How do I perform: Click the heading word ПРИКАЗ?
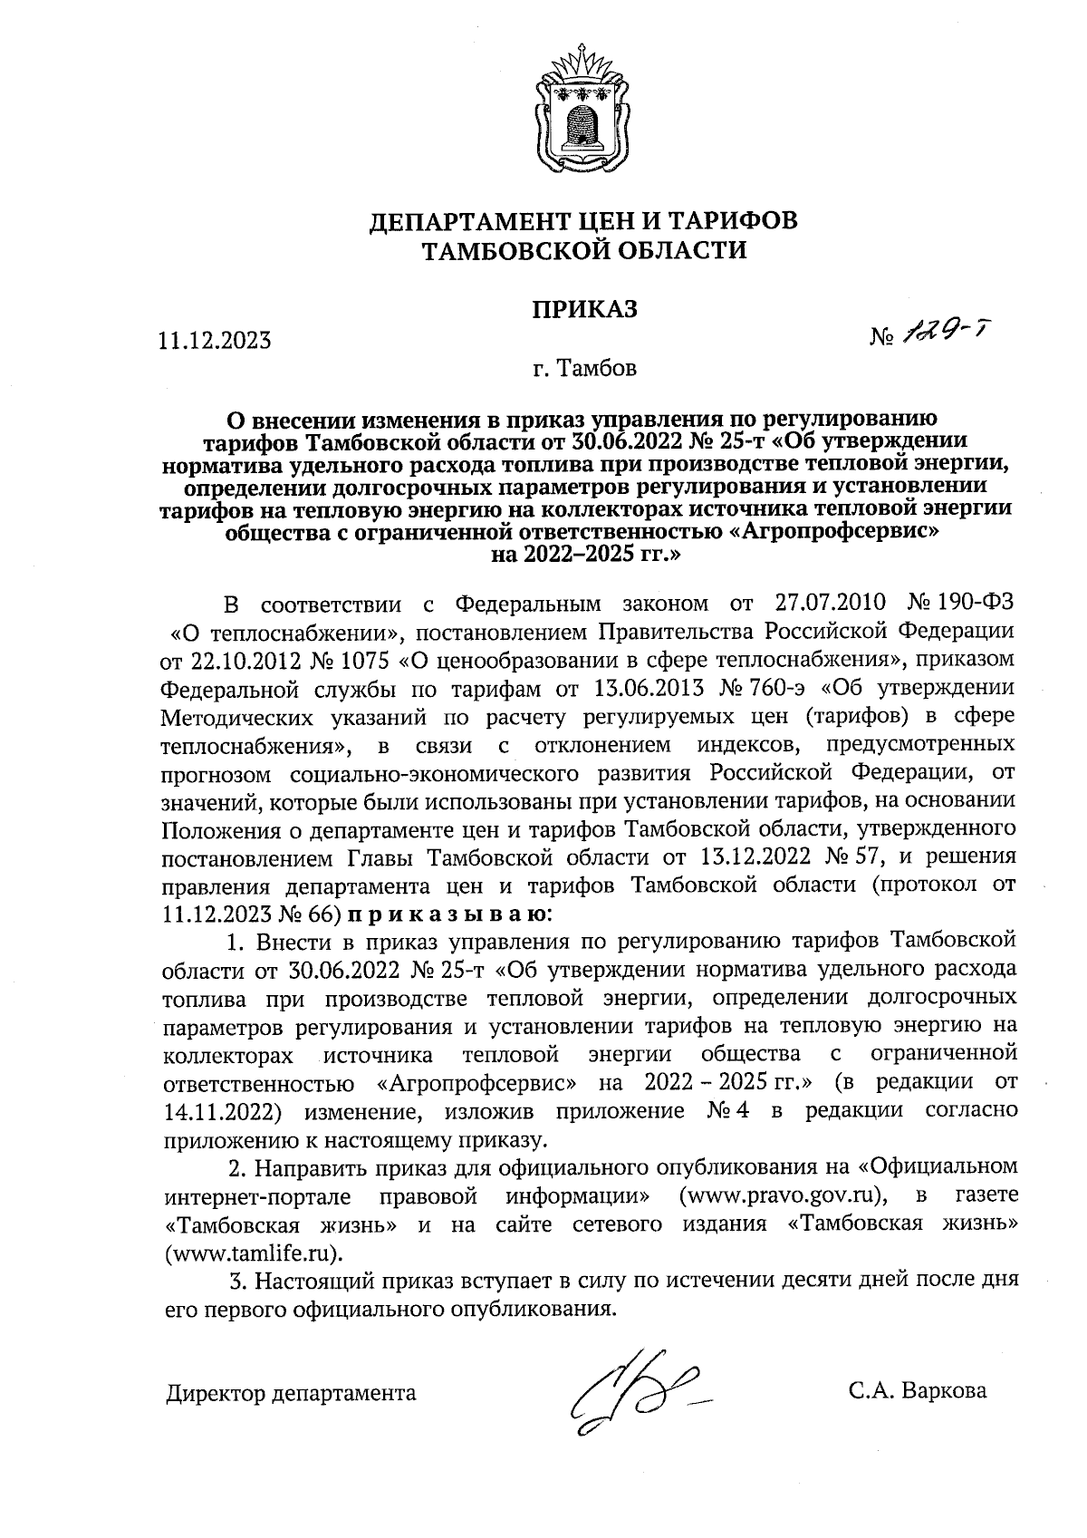pos(584,309)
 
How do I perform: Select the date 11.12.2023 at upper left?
pos(215,341)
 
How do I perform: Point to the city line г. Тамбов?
pos(584,370)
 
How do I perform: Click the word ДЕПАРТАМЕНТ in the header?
pos(478,220)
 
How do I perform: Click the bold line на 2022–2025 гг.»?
pos(584,554)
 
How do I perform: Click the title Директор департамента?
pos(291,1393)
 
